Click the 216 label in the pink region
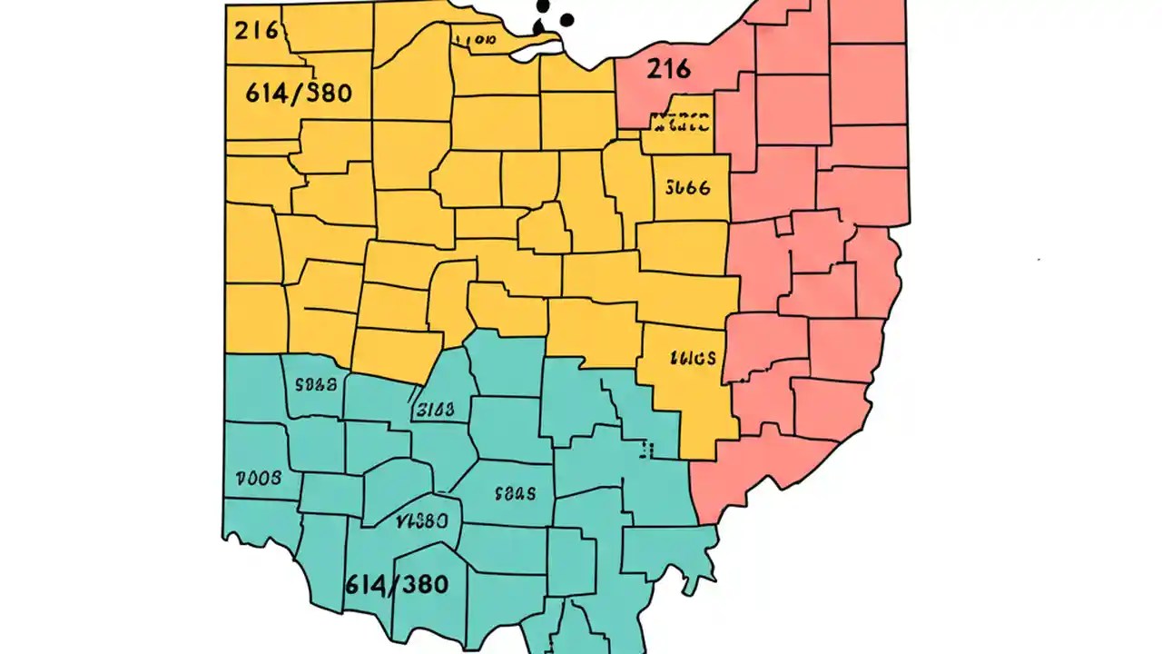coord(668,69)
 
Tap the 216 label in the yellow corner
coord(256,31)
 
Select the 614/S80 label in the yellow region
coord(299,93)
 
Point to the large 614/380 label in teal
coord(397,583)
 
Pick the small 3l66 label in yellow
coord(687,188)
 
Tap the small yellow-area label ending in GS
coord(692,358)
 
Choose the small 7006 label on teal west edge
coord(259,478)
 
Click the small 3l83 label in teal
coord(433,411)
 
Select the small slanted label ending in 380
coord(422,522)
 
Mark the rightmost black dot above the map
coord(568,19)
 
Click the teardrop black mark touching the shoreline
coord(538,27)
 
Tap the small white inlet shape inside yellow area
coord(532,52)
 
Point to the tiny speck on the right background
coord(1039,260)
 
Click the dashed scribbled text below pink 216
coord(679,122)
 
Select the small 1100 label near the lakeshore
coord(476,40)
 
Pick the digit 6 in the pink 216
coord(682,69)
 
